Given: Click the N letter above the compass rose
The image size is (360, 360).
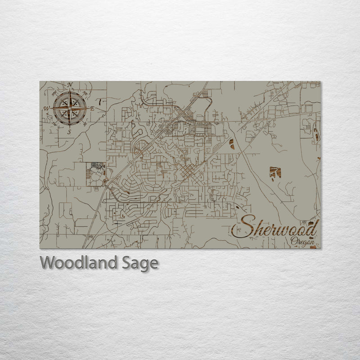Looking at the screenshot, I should click(x=70, y=85).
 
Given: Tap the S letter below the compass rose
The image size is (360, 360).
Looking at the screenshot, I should click(x=69, y=132).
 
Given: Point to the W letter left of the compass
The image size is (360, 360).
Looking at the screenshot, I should click(x=46, y=108).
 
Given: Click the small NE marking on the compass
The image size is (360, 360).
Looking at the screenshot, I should click(x=85, y=94).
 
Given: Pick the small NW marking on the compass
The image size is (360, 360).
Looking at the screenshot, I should click(x=54, y=94).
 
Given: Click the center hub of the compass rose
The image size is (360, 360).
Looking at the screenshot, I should click(x=70, y=108).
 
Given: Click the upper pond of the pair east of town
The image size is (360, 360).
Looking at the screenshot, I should click(x=232, y=143).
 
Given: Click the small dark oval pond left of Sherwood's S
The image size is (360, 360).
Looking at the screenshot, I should click(x=237, y=208).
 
